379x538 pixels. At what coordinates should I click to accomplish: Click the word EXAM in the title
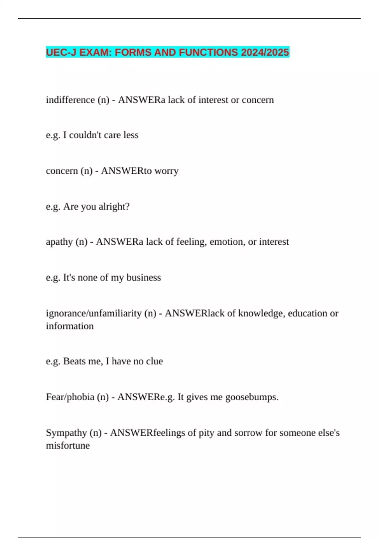94,52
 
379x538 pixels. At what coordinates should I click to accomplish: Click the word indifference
70,100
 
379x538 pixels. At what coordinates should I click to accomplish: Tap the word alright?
114,207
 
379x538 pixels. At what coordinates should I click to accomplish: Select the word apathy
59,242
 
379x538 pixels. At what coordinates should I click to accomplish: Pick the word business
144,278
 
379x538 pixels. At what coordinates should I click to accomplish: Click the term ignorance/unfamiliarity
94,313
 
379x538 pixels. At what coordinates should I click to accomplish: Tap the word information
70,326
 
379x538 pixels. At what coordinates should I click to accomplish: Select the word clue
154,361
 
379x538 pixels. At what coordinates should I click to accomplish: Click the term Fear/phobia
70,397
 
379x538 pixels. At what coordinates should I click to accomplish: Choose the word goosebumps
252,397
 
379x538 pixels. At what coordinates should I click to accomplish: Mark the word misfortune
68,446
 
